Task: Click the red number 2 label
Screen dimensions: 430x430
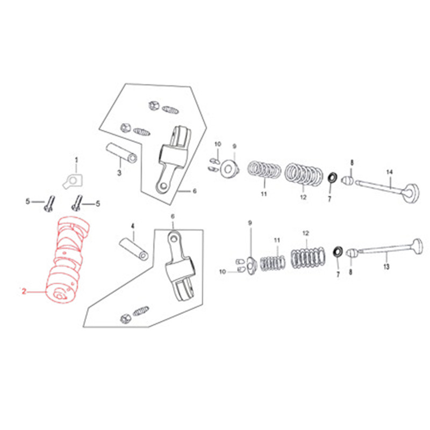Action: pyautogui.click(x=24, y=291)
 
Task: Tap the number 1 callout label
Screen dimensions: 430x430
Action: pyautogui.click(x=76, y=160)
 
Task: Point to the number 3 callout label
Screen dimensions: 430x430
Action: pyautogui.click(x=119, y=173)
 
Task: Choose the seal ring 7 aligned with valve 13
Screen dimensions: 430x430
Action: pyautogui.click(x=339, y=252)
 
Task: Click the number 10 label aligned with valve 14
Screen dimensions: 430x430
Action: pyautogui.click(x=218, y=145)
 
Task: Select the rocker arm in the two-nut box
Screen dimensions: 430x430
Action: pyautogui.click(x=173, y=156)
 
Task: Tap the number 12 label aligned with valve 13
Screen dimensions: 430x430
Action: pyautogui.click(x=306, y=233)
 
